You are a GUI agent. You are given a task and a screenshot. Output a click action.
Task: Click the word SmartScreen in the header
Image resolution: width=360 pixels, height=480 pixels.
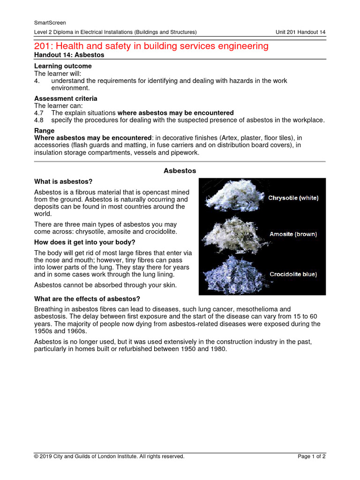click(x=50, y=22)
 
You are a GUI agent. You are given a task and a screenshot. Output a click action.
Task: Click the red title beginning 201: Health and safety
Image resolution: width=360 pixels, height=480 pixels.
click(x=151, y=45)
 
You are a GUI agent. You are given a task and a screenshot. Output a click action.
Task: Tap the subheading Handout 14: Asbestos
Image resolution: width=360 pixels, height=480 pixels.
click(x=69, y=55)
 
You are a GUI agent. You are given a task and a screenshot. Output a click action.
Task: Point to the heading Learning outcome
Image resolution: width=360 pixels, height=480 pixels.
click(x=63, y=66)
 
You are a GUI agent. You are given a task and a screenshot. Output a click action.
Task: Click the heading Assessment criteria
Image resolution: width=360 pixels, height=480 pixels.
click(x=66, y=98)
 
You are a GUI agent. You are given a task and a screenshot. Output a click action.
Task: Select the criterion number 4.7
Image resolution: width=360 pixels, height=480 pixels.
click(x=39, y=113)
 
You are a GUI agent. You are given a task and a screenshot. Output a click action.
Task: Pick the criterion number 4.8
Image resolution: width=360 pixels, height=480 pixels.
click(x=39, y=120)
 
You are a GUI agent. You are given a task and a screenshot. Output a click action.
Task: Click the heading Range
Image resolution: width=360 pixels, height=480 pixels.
click(x=45, y=130)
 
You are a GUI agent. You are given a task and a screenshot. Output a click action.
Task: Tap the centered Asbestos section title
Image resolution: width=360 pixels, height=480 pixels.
click(x=180, y=171)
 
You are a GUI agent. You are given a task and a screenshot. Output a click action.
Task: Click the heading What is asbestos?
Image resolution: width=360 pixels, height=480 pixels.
click(x=63, y=181)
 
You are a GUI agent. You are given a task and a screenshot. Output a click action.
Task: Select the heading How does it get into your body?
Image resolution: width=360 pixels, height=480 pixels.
click(x=85, y=242)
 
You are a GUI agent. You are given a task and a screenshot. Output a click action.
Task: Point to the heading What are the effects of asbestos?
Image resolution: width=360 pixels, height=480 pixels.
click(x=87, y=299)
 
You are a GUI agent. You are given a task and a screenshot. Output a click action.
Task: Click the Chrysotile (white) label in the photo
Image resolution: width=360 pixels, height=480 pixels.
click(x=293, y=198)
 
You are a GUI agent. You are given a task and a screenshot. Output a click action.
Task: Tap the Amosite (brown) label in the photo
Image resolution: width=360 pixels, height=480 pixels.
click(x=293, y=233)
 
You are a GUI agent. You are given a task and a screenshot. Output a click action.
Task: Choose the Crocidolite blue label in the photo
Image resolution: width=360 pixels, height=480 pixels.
click(x=293, y=274)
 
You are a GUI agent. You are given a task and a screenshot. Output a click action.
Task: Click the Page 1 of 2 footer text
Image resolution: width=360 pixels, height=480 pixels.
click(x=312, y=456)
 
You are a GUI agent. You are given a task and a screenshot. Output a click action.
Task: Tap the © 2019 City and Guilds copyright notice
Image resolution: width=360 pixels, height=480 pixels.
click(x=109, y=456)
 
